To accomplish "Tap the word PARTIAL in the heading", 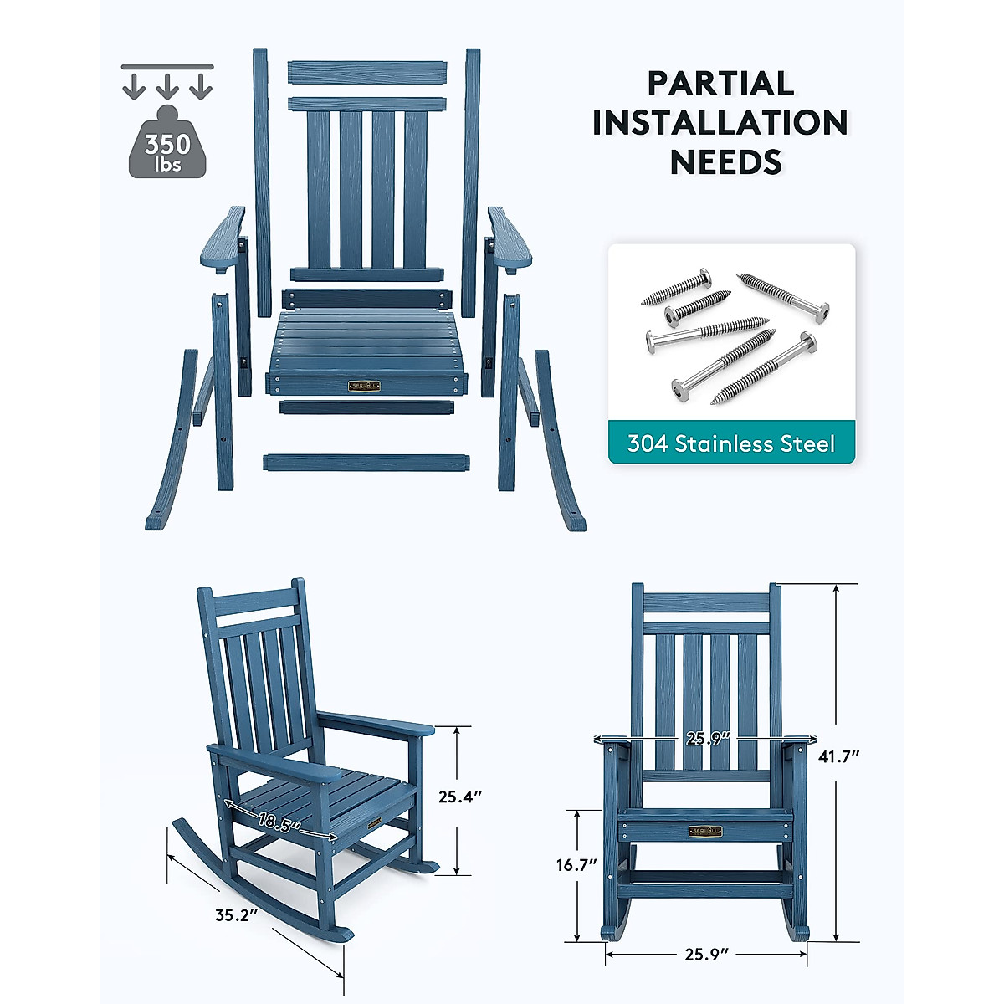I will [720, 84].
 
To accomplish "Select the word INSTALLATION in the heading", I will [720, 122].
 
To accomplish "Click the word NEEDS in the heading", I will [725, 161].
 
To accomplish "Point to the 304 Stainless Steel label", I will [731, 443].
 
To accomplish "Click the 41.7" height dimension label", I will [839, 756].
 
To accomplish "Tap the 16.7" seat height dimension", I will [577, 865].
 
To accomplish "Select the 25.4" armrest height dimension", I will [460, 797].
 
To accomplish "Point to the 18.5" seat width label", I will [279, 822].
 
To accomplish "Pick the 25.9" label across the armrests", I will [708, 739].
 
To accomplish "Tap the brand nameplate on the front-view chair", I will [705, 831].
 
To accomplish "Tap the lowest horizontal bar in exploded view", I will [366, 462].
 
